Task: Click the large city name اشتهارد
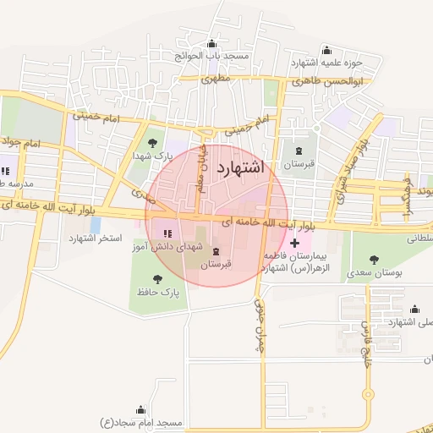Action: click(241, 167)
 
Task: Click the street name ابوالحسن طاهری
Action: click(326, 82)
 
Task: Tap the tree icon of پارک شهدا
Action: click(152, 143)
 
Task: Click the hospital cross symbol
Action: click(294, 244)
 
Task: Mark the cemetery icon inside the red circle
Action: click(216, 252)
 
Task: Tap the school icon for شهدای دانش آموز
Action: click(167, 233)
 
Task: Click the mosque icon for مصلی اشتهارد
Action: click(414, 310)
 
